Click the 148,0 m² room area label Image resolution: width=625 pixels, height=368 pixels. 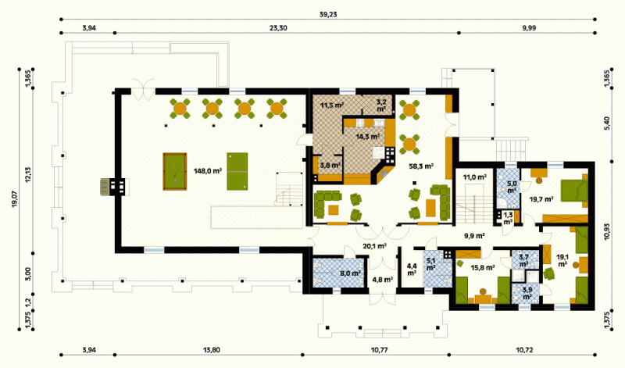[x=208, y=171]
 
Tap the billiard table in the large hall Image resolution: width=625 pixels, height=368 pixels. [x=175, y=171]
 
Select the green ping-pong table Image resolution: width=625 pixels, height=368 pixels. [x=237, y=171]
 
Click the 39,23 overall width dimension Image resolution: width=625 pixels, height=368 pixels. [x=328, y=14]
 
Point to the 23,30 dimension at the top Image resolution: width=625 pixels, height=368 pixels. [x=278, y=28]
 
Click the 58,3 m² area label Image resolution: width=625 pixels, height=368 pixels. [x=421, y=166]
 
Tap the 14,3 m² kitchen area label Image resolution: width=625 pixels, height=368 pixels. [x=367, y=137]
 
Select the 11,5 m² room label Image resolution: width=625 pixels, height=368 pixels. [x=333, y=105]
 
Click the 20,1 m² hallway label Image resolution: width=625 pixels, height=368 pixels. [x=374, y=246]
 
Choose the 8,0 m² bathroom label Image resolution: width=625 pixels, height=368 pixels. [x=350, y=273]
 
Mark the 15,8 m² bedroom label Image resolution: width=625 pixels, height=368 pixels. [x=483, y=267]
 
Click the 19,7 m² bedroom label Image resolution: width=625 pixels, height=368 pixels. [x=541, y=199]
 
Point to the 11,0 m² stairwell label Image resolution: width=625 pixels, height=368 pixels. [x=474, y=177]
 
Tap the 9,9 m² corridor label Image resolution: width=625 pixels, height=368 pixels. [x=474, y=236]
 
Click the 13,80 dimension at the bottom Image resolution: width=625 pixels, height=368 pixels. [x=211, y=350]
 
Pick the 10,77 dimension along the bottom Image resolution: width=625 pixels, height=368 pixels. [x=379, y=350]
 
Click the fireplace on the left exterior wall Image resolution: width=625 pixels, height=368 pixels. [x=114, y=186]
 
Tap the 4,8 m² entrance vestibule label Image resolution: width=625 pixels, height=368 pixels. [x=383, y=280]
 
